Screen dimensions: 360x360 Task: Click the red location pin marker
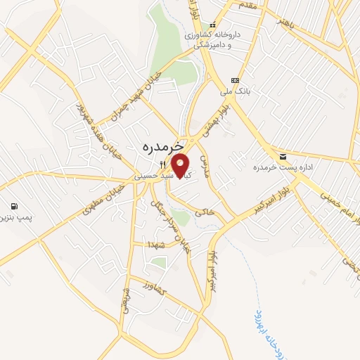(181, 165)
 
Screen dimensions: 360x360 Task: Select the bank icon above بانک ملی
(235, 80)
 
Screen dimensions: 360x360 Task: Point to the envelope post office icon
(283, 155)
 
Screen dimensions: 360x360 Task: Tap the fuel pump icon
(14, 207)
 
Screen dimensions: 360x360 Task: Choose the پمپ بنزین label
(20, 219)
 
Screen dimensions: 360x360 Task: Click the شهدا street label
(156, 243)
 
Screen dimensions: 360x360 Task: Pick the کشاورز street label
(153, 288)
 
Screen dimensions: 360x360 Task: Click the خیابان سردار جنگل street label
(172, 226)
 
